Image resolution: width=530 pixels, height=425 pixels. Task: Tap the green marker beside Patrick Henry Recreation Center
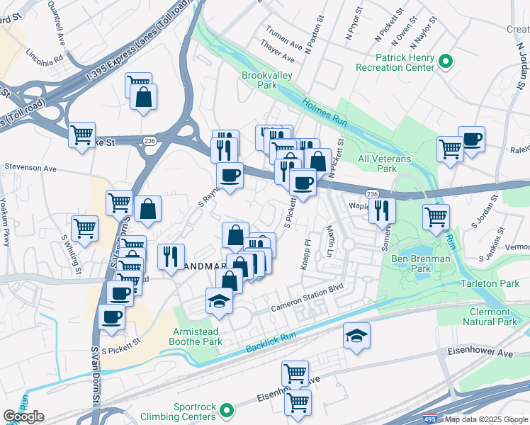[446, 62]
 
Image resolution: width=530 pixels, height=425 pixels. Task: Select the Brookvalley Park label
[258, 79]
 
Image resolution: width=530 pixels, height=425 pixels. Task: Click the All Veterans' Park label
[387, 164]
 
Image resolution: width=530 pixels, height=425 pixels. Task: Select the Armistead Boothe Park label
[205, 338]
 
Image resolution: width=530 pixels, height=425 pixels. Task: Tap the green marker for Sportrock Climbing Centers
[227, 409]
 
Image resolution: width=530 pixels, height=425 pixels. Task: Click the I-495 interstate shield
[430, 419]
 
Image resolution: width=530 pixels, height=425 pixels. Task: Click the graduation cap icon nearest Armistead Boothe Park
[220, 301]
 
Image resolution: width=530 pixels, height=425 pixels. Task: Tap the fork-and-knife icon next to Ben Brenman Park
[383, 209]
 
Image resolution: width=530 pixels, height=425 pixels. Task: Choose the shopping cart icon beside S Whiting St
[84, 228]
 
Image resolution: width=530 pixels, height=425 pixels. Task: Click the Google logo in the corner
[23, 416]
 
